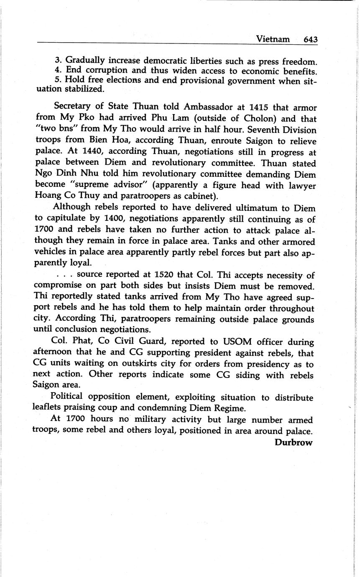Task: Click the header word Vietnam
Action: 273,39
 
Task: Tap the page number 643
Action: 311,39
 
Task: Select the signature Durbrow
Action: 294,442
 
